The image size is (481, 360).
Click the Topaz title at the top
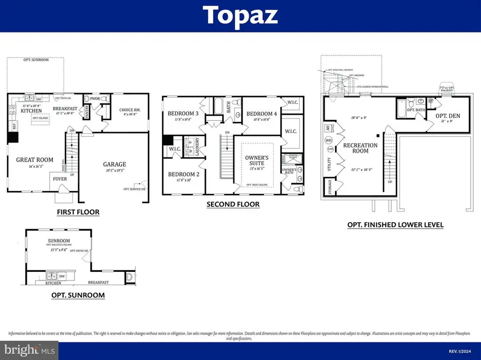pyautogui.click(x=241, y=16)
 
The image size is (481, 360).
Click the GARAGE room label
pyautogui.click(x=115, y=165)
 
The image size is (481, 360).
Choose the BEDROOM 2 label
pyautogui.click(x=184, y=175)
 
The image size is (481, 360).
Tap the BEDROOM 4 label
pyautogui.click(x=261, y=114)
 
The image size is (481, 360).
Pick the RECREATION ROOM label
pyautogui.click(x=360, y=148)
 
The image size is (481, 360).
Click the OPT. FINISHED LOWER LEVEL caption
pyautogui.click(x=395, y=225)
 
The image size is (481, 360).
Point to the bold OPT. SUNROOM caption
pyautogui.click(x=78, y=295)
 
